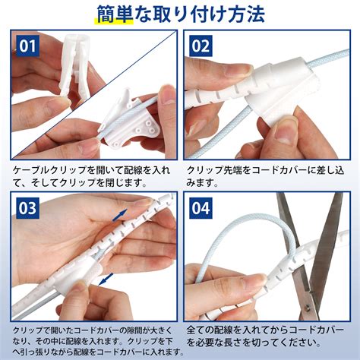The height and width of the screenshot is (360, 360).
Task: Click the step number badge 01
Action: tap(27, 46)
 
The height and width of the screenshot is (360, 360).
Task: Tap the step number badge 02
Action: tap(201, 46)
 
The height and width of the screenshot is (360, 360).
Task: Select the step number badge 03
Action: tap(27, 208)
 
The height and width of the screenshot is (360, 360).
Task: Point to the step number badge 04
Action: tap(201, 208)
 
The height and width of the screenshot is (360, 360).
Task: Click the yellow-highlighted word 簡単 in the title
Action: tap(115, 14)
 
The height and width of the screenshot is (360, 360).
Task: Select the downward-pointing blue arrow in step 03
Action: tap(106, 279)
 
